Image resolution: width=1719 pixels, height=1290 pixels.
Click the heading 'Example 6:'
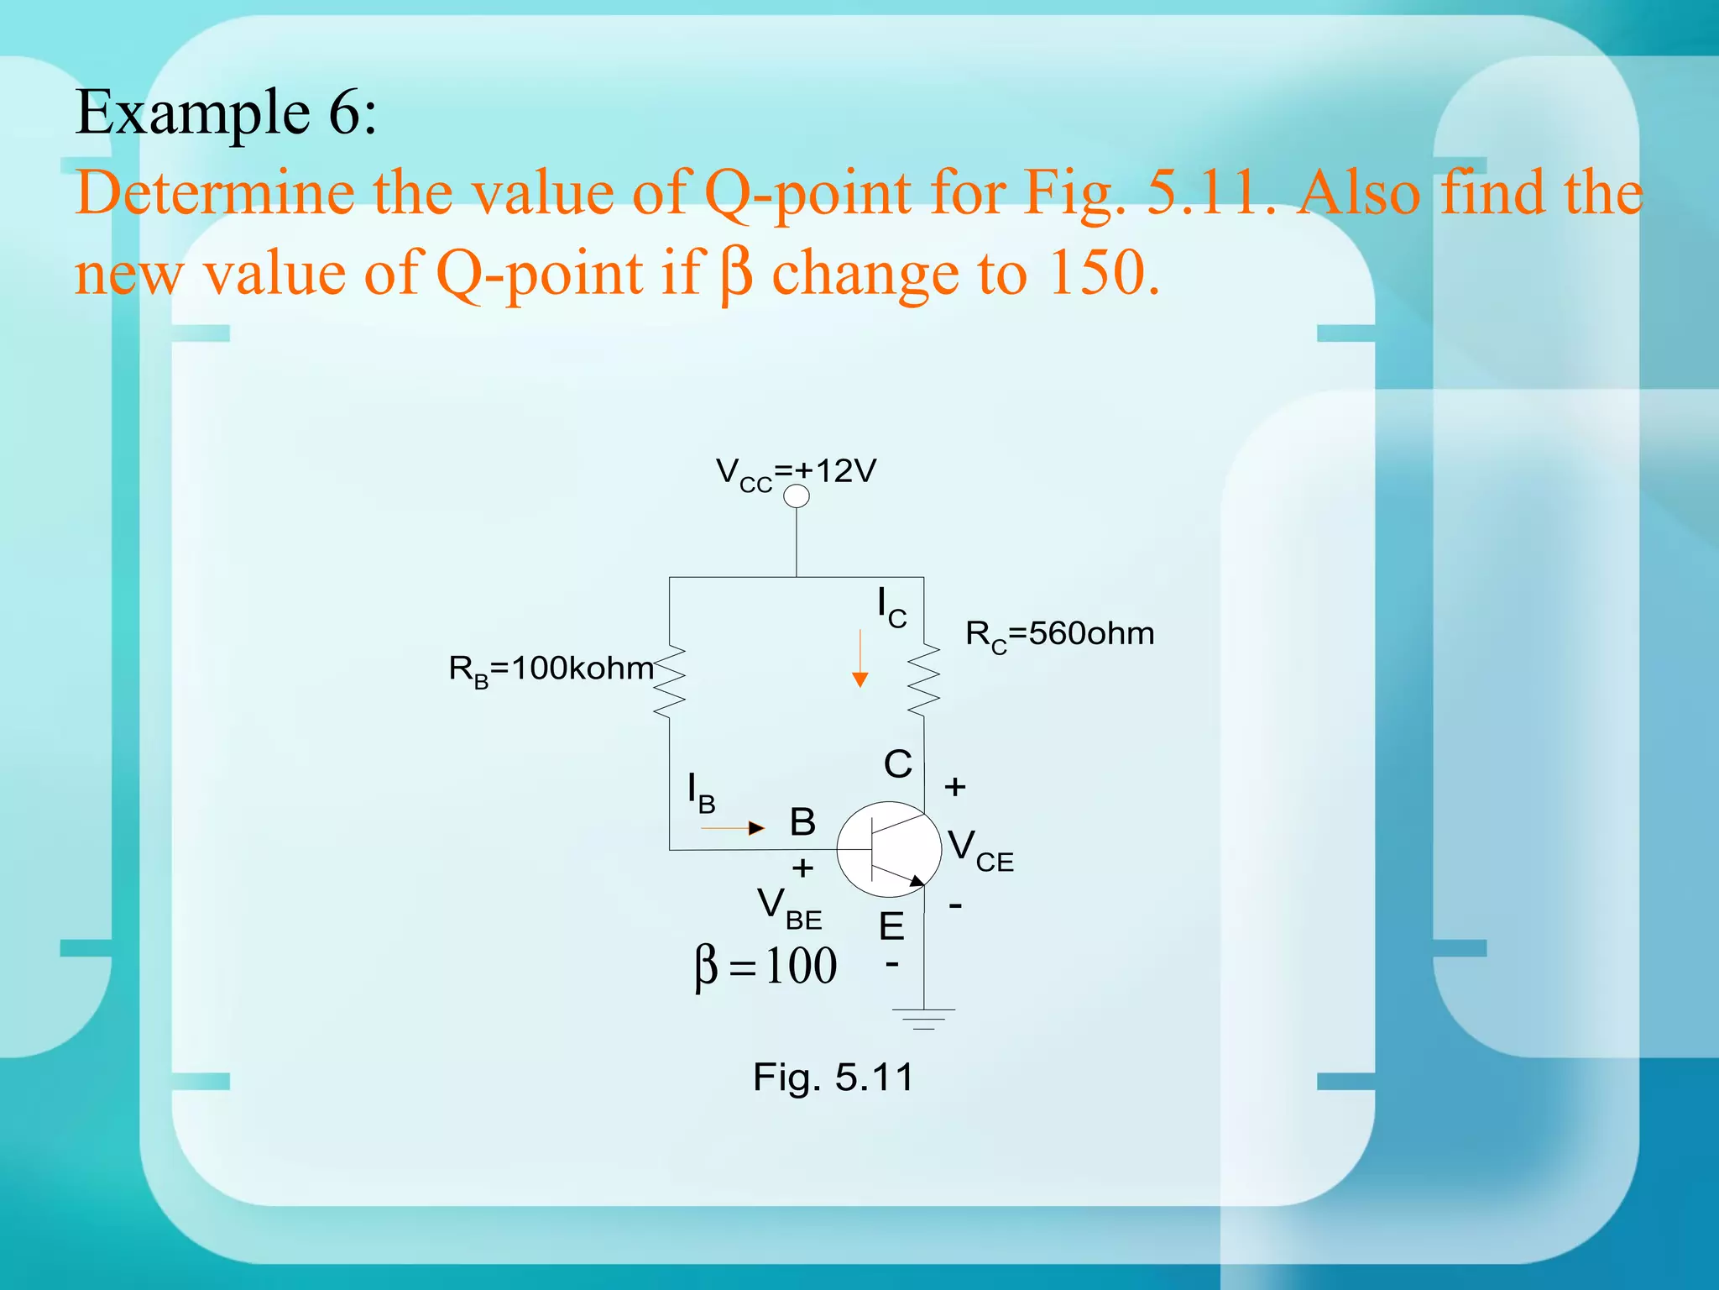pos(226,113)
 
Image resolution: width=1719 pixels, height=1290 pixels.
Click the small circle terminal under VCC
pos(796,496)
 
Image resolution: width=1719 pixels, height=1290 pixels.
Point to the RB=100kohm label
pos(551,669)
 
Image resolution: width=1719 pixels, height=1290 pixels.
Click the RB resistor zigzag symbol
pos(670,681)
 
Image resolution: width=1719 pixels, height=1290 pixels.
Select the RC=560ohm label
pos(1059,634)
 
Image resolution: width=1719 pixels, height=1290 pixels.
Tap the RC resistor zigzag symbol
pos(923,679)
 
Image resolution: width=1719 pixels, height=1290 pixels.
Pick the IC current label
pos(891,606)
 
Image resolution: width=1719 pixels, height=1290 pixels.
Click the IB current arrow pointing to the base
pos(733,828)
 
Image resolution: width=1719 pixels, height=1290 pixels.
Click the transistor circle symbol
pos(889,849)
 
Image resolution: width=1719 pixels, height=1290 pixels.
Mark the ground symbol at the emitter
pos(924,1018)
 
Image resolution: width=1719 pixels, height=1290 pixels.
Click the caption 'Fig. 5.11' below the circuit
pos(833,1078)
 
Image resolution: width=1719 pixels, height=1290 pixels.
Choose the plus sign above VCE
pos(955,787)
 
